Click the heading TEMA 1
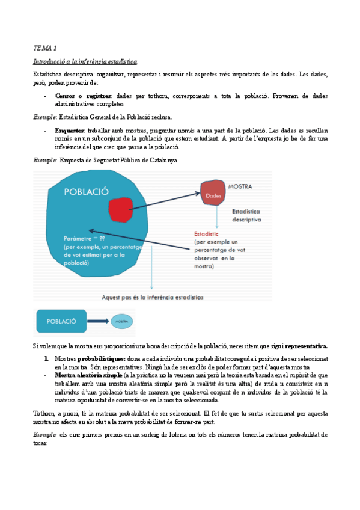(x=44, y=47)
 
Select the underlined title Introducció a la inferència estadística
(x=85, y=61)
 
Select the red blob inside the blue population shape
(x=120, y=211)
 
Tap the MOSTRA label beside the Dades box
(x=239, y=186)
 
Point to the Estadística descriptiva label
(x=246, y=215)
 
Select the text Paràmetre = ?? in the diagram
(x=84, y=239)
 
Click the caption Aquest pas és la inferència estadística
(x=152, y=296)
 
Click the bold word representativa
(x=306, y=346)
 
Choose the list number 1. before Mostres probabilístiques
(x=46, y=358)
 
